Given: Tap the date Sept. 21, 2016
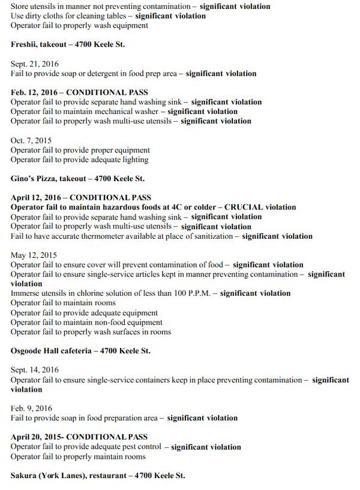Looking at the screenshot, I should pyautogui.click(x=32, y=64).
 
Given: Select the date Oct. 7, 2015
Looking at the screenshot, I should pyautogui.click(x=29, y=140).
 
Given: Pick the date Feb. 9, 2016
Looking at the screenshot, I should pyautogui.click(x=29, y=408).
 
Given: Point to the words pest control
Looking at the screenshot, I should pyautogui.click(x=138, y=447).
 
